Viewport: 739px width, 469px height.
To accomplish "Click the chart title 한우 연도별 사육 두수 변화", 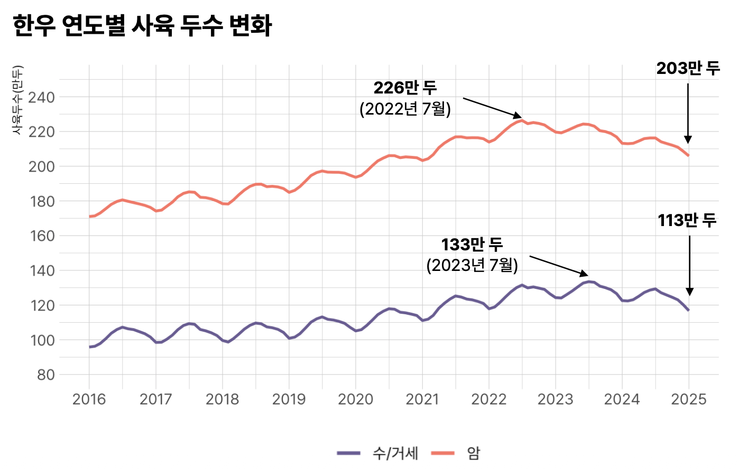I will click(142, 25).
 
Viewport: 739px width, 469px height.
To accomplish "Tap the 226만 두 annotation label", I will click(405, 88).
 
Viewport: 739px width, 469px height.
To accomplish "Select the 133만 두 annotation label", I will click(472, 245).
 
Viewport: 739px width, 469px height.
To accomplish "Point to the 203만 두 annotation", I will click(688, 68).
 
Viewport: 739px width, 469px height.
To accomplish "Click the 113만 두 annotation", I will click(687, 220).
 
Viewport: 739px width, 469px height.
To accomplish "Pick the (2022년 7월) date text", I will click(405, 109).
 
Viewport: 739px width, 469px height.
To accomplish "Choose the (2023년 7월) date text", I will click(472, 265).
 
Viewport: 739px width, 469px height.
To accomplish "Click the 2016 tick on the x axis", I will click(89, 399).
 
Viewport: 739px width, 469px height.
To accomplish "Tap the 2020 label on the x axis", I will click(355, 399).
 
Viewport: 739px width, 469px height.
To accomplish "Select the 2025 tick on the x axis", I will click(688, 399).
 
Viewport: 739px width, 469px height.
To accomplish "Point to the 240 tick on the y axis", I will click(41, 97).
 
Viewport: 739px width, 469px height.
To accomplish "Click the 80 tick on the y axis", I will click(45, 375).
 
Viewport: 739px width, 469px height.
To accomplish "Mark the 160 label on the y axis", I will click(41, 236).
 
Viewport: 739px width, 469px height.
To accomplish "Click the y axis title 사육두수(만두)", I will click(17, 100).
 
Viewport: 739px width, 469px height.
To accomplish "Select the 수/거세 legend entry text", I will click(395, 453).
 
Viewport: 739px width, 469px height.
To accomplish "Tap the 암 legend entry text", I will click(473, 453).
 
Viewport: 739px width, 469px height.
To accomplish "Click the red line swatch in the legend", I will click(443, 453).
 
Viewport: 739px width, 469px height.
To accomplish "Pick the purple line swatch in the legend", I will click(349, 453).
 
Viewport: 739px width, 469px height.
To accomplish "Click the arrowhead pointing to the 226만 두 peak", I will click(518, 116).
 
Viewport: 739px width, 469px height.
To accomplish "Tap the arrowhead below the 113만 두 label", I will click(689, 292).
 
